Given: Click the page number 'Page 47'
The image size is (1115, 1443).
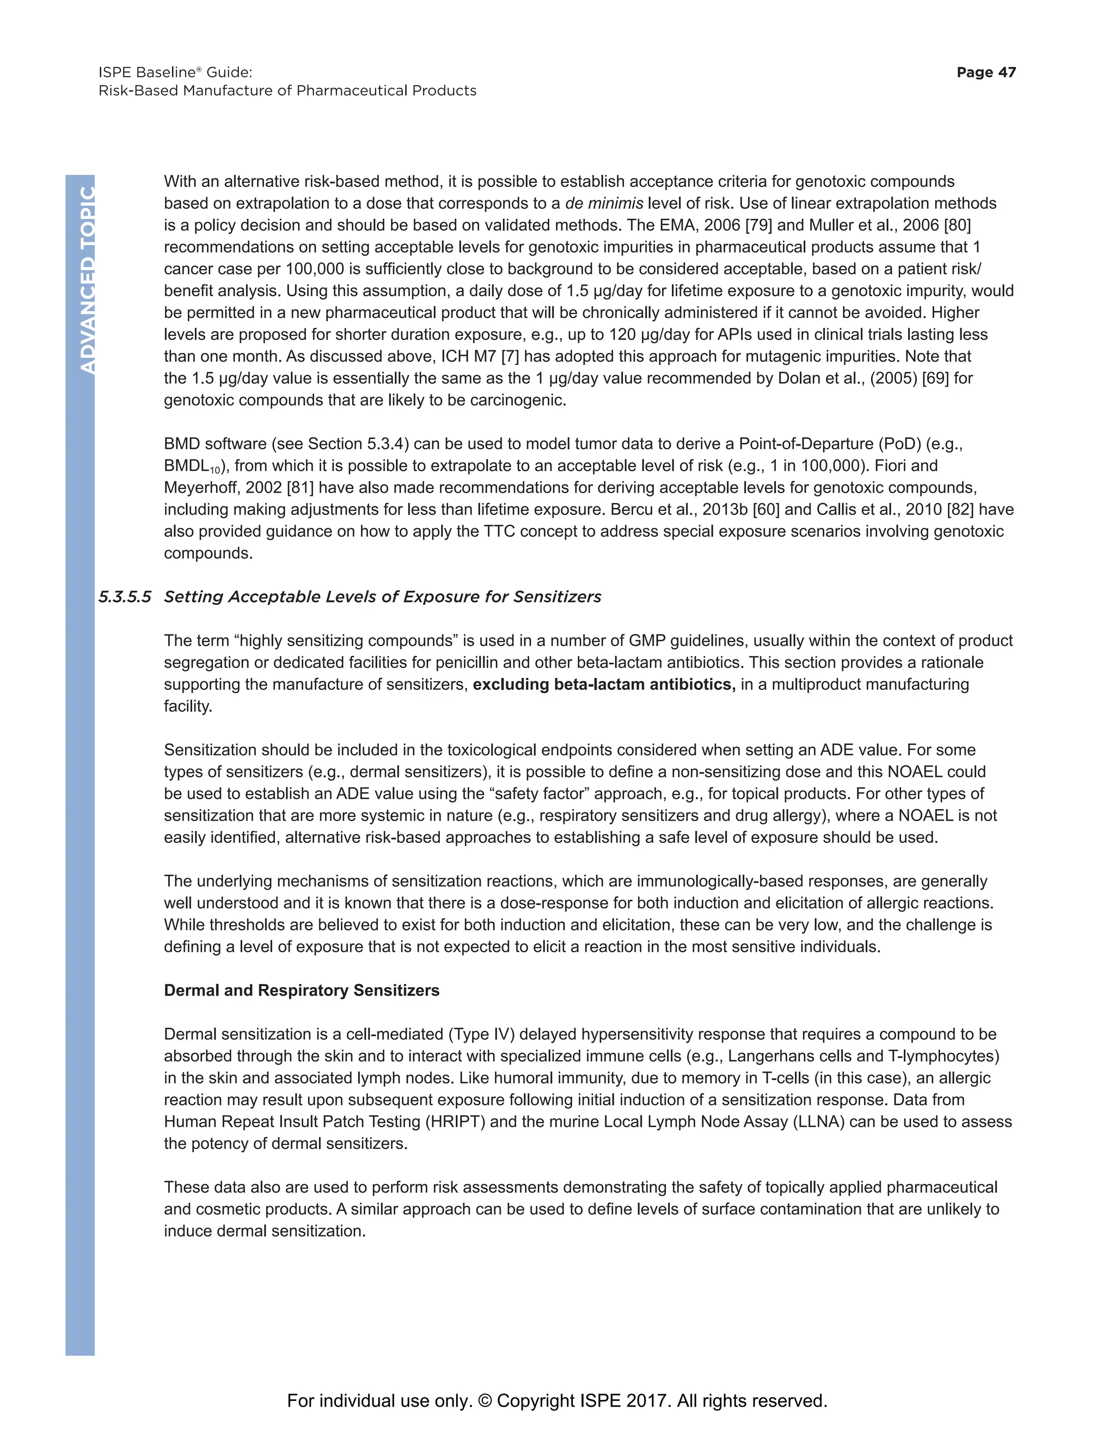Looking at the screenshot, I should pos(985,72).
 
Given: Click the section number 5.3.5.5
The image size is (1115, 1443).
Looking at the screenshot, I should pos(125,597).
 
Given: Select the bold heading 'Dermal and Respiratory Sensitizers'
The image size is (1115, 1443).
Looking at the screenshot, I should pos(301,990).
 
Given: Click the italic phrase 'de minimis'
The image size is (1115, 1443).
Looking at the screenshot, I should pos(604,203).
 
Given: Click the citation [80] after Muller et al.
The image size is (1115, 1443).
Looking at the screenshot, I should pos(957,225).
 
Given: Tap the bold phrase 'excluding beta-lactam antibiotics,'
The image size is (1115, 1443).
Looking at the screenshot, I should pos(604,684).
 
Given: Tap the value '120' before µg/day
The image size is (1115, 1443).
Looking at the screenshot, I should pos(622,334).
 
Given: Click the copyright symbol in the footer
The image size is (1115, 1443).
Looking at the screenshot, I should pos(485,1401).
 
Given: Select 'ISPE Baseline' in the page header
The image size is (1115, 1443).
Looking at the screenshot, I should pos(146,72).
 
